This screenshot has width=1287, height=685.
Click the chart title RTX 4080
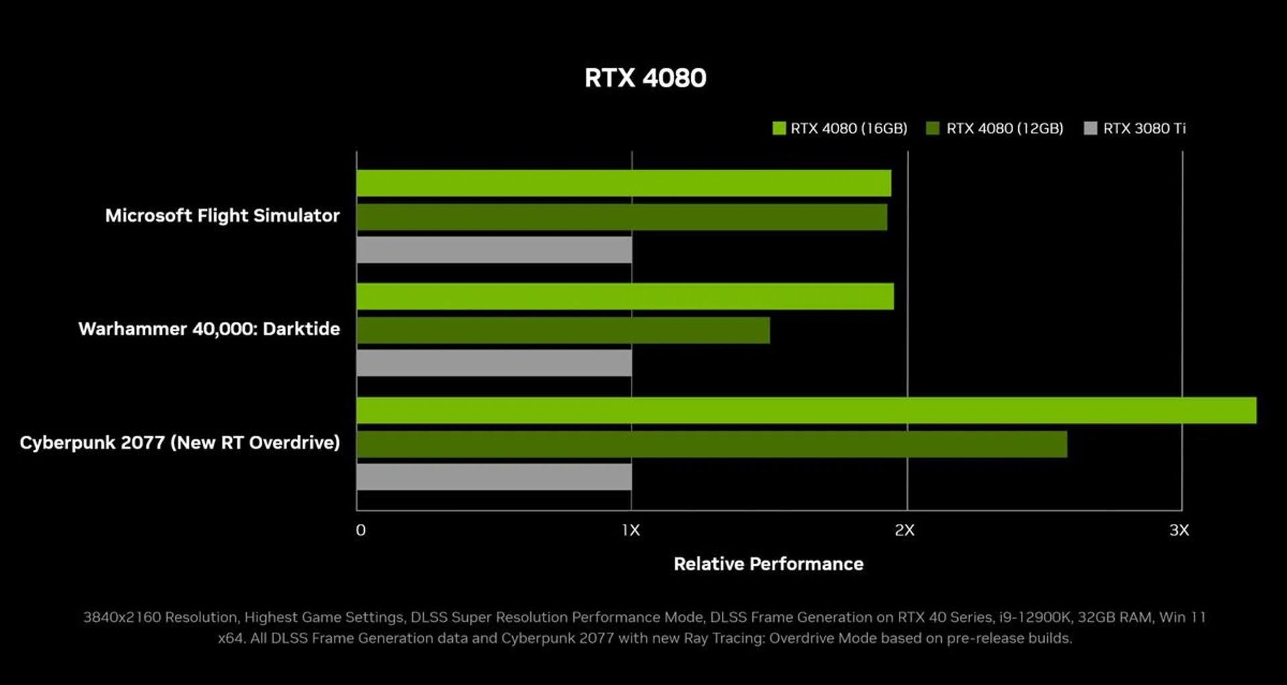(645, 78)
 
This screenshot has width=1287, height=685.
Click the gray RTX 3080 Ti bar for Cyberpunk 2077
(494, 477)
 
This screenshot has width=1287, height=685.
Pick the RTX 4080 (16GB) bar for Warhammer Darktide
(625, 297)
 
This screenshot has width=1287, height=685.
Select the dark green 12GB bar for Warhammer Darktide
(563, 330)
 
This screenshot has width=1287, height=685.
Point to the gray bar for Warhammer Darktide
(494, 363)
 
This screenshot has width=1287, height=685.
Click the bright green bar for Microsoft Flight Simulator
(623, 183)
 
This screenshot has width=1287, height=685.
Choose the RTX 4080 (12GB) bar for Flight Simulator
(621, 217)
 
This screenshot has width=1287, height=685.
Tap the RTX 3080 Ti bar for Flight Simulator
(494, 250)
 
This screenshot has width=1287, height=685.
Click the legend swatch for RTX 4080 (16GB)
(779, 128)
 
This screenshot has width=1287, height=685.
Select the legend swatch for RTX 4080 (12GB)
(932, 128)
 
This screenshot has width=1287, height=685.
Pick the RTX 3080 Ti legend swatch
(1091, 128)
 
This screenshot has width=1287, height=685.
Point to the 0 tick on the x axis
(361, 531)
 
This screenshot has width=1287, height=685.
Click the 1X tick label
(631, 531)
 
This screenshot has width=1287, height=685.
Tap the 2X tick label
(904, 531)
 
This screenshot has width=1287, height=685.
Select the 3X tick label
(1179, 531)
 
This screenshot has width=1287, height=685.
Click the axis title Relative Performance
(768, 564)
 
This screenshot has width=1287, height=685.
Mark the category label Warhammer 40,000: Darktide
(209, 329)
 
